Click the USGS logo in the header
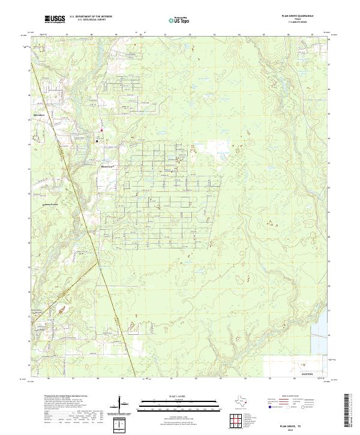tap(55, 20)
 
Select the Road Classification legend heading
tap(292, 397)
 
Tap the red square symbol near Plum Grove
tap(102, 130)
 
